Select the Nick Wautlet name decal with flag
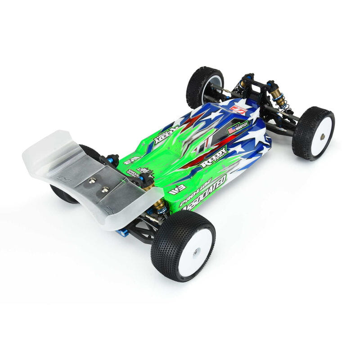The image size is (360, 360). (x=238, y=127)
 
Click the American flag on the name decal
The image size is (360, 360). (x=232, y=130)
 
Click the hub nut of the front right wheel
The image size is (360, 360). (x=323, y=137)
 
